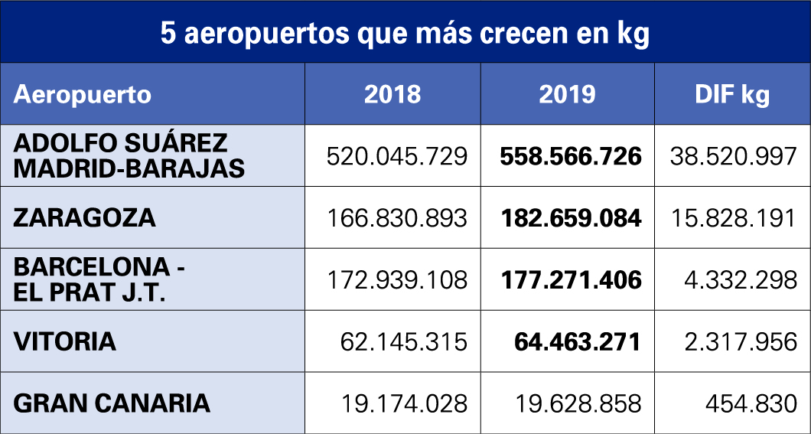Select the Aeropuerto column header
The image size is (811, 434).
click(83, 94)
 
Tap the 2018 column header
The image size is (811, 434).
click(392, 94)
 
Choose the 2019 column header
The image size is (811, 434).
click(567, 94)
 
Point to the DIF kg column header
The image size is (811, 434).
click(732, 94)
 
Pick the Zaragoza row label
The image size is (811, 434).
click(84, 217)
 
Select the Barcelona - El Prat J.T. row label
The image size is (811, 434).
click(100, 279)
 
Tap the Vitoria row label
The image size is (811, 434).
click(65, 341)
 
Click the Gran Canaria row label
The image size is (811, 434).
click(112, 403)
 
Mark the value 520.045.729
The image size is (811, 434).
click(396, 156)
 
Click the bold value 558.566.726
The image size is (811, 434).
click(570, 156)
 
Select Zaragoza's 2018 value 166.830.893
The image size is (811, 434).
click(396, 218)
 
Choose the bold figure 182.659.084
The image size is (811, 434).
click(570, 218)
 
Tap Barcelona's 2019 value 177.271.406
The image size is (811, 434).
click(570, 280)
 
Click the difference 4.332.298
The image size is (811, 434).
click(741, 280)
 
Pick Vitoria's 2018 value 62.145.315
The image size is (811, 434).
click(403, 341)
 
